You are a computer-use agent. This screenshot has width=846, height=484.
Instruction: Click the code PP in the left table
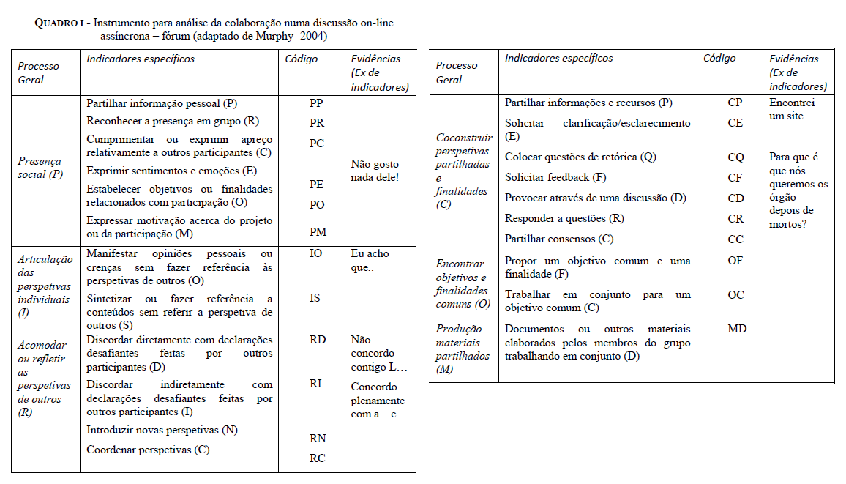pyautogui.click(x=317, y=104)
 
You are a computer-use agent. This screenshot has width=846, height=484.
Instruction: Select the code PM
pyautogui.click(x=317, y=232)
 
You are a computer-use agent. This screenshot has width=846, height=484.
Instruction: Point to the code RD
pyautogui.click(x=318, y=340)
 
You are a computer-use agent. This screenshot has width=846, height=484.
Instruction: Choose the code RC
pyautogui.click(x=317, y=458)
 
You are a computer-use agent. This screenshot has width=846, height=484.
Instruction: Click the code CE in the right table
pyautogui.click(x=735, y=123)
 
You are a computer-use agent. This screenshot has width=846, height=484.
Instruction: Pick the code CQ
pyautogui.click(x=735, y=157)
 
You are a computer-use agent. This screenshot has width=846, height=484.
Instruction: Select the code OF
pyautogui.click(x=735, y=261)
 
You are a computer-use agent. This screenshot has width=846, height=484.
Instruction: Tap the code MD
pyautogui.click(x=737, y=329)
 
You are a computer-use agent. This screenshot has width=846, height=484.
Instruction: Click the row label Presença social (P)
pyautogui.click(x=40, y=168)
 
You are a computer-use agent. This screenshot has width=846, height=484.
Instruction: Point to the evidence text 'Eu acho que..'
pyautogui.click(x=370, y=260)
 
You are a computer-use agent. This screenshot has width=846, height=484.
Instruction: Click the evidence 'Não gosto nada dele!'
pyautogui.click(x=375, y=171)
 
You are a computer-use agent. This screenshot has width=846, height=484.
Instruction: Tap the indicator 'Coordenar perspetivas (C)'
pyautogui.click(x=148, y=450)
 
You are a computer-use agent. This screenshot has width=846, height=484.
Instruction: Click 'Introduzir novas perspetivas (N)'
pyautogui.click(x=162, y=430)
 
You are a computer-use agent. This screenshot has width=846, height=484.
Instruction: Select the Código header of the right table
pyautogui.click(x=719, y=59)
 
